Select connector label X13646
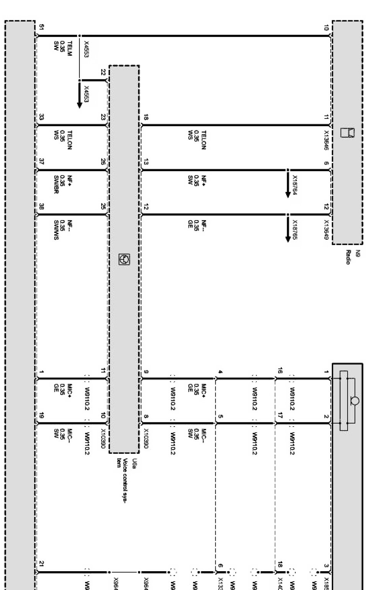pyautogui.click(x=326, y=140)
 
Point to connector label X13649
pyautogui.click(x=326, y=229)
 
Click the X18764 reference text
pyautogui.click(x=295, y=185)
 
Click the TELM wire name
pyautogui.click(x=69, y=49)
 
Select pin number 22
pyautogui.click(x=103, y=72)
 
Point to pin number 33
pyautogui.click(x=41, y=117)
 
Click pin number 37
pyautogui.click(x=41, y=162)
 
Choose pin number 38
pyautogui.click(x=41, y=206)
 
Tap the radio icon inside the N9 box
pyautogui.click(x=350, y=133)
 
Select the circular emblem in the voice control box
pyautogui.click(x=125, y=260)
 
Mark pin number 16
pyautogui.click(x=280, y=370)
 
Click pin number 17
pyautogui.click(x=280, y=415)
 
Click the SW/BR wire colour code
pyautogui.click(x=56, y=185)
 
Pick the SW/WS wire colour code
pyautogui.click(x=56, y=230)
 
